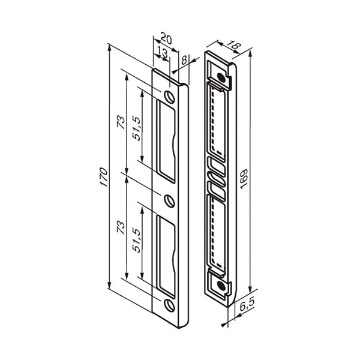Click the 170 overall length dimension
pos(104,177)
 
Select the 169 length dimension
pos(244,179)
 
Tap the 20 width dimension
pos(166,38)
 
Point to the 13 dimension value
pos(163,52)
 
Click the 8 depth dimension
pos(184,61)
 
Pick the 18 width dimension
pos(235,46)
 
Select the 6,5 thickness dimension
pos(247,305)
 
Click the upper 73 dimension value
pos(121,122)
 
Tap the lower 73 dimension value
pos(121,227)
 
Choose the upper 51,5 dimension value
pos(136,128)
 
